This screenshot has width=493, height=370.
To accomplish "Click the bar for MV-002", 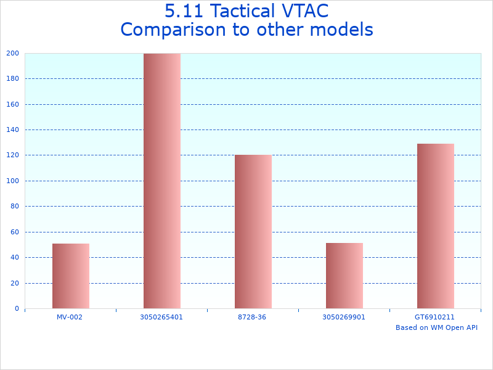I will (71, 276).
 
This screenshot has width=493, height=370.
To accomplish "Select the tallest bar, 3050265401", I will (162, 181).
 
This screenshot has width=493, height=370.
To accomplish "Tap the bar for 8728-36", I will (253, 231).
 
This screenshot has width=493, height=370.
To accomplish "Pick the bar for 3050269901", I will (344, 276).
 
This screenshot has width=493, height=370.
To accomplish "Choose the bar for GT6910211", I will (436, 226).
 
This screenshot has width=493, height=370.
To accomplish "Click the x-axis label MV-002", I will (70, 317).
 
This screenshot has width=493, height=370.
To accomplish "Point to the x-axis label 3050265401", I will (161, 317).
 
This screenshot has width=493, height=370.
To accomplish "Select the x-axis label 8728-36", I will (253, 317).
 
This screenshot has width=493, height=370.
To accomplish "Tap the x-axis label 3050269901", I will (344, 317).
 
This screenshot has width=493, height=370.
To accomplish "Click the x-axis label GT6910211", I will (434, 317).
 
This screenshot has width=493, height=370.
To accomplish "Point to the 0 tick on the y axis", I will (16, 308).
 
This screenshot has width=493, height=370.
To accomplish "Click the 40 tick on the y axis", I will (14, 257).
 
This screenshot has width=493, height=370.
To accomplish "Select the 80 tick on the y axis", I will (14, 206).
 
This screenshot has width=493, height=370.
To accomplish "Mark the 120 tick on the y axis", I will (12, 155).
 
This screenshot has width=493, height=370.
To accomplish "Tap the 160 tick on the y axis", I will (12, 104).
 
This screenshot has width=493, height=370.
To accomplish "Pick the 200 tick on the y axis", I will (12, 53).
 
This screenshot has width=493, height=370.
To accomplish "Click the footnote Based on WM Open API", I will (436, 327).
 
